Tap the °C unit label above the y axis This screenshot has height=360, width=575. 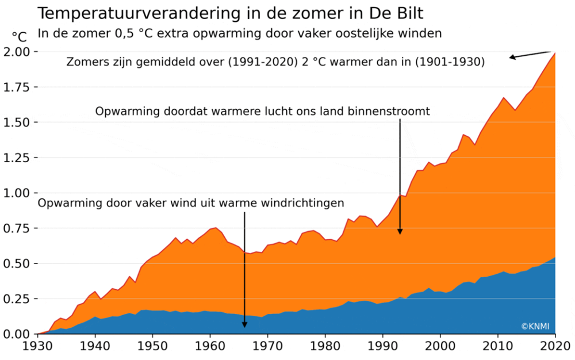[20, 37]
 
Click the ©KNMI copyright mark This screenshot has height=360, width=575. [536, 326]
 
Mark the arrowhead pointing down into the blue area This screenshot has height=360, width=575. [244, 324]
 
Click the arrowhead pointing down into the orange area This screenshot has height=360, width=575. [400, 231]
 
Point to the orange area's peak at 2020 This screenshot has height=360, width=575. [554, 53]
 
